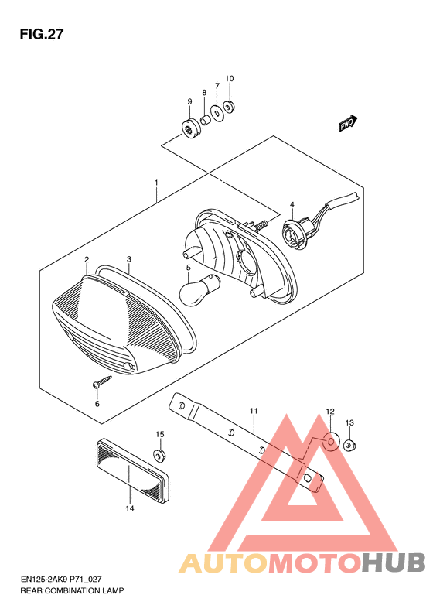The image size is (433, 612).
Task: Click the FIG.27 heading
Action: [42, 34]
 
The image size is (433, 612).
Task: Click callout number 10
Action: [230, 78]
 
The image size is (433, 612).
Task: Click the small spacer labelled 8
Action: [205, 118]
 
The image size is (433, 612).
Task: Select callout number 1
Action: [156, 183]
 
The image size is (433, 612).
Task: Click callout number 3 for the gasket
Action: [128, 259]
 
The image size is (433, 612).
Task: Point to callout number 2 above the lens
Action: [87, 259]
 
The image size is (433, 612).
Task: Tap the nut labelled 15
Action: [159, 455]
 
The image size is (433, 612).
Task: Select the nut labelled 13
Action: [349, 445]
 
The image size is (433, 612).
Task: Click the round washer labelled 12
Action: [330, 442]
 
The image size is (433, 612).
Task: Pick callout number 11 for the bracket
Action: [254, 411]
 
